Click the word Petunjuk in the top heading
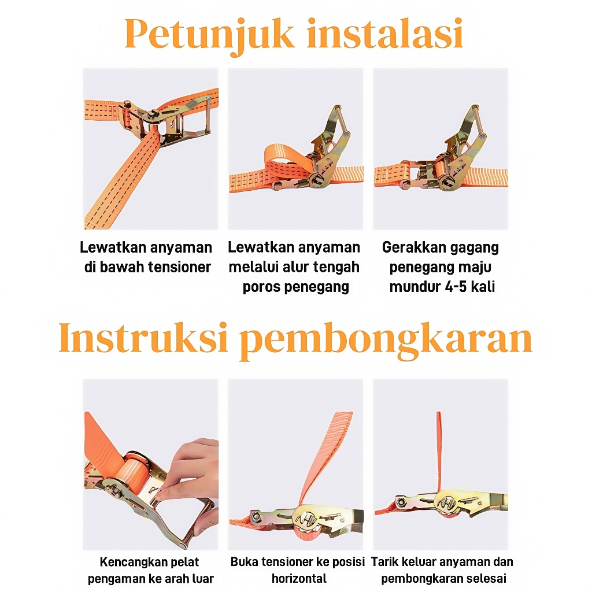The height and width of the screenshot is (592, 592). [x=209, y=35]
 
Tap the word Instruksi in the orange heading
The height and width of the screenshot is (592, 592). [x=143, y=337]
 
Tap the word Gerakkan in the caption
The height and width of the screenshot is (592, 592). [x=412, y=247]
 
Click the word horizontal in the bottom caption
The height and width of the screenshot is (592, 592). [x=299, y=578]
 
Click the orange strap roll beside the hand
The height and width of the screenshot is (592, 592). [x=134, y=471]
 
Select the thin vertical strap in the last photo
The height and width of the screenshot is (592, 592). [x=439, y=453]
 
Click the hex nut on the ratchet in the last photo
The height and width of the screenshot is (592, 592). [x=401, y=502]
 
